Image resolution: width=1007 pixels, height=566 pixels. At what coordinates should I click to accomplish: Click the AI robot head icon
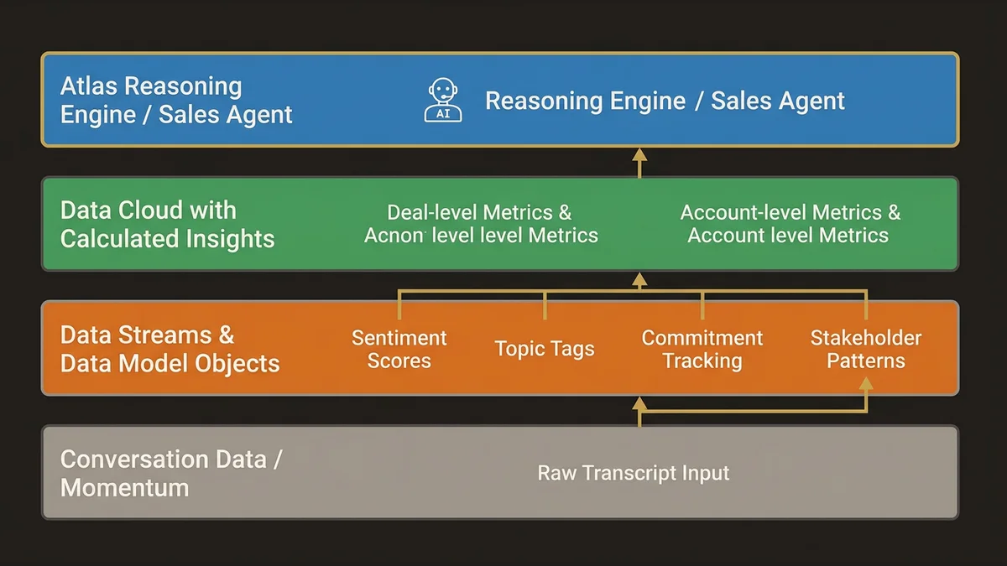(442, 101)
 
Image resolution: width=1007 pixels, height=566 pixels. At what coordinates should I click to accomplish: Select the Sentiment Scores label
(399, 350)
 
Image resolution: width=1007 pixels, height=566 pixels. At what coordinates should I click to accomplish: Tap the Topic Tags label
(545, 349)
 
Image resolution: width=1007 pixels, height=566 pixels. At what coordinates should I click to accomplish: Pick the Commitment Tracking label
(702, 350)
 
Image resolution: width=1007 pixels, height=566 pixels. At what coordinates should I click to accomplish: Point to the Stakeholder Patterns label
(866, 350)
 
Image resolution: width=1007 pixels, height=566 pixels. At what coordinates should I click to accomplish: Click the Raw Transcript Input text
(634, 473)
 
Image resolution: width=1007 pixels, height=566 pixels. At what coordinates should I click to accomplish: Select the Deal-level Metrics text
(479, 213)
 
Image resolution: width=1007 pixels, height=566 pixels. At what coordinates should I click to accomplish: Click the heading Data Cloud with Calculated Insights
(167, 224)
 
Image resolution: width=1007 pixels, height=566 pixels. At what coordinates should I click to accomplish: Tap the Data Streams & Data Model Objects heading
(170, 349)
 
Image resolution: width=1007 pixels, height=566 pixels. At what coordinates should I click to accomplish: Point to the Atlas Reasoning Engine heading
(176, 100)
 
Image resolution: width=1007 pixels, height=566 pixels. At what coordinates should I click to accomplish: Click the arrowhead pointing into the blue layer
(639, 154)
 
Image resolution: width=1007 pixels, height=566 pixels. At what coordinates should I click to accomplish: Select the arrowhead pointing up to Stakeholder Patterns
(866, 383)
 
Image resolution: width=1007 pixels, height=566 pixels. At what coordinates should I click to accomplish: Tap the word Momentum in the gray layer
(125, 487)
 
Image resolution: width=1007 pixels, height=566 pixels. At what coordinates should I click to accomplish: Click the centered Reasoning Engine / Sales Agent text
(665, 101)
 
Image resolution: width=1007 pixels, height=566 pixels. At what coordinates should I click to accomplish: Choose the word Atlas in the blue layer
(89, 86)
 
